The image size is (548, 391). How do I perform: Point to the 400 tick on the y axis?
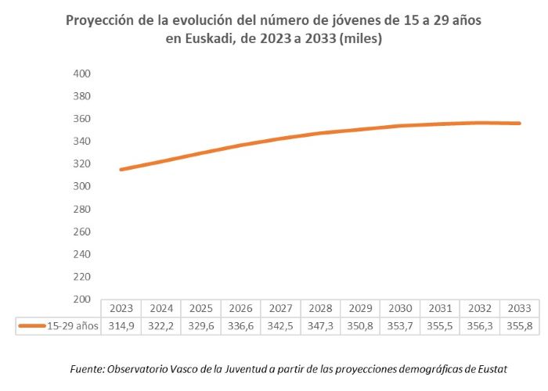coord(82,74)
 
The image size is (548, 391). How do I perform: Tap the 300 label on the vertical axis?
coord(82,186)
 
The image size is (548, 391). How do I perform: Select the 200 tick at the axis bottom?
coord(82,299)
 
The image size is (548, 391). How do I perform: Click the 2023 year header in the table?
coord(121,308)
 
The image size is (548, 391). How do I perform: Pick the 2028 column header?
coord(320,308)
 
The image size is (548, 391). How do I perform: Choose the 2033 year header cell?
coord(519,308)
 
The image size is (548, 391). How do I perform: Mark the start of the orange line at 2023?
coord(121,170)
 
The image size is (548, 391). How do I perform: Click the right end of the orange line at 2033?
coord(519,124)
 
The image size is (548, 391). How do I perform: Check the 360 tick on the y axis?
coord(82,119)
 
